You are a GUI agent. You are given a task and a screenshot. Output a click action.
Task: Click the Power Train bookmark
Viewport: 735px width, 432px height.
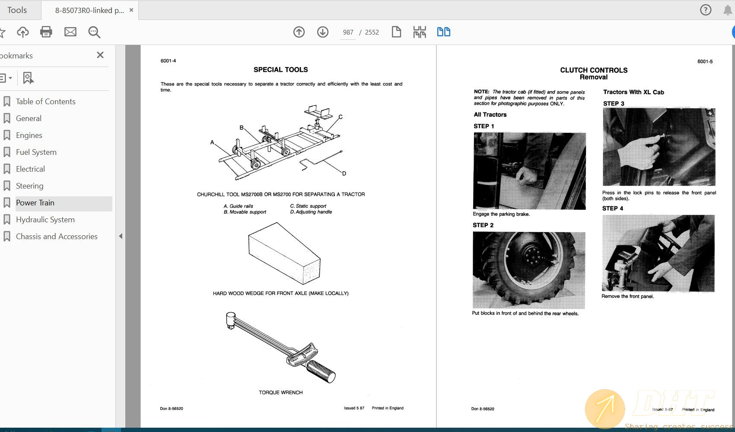35,203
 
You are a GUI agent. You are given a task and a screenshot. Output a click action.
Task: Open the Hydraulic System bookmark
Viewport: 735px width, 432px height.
45,220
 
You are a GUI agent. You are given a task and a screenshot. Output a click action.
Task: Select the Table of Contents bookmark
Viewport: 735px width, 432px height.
45,102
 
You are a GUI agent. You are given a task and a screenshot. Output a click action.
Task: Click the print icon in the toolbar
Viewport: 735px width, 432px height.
46,32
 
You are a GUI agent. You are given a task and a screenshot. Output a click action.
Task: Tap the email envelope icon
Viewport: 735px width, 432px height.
70,32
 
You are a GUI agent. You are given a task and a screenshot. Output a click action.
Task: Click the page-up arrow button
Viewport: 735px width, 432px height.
299,32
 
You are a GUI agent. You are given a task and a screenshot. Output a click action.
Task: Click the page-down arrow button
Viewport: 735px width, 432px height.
323,32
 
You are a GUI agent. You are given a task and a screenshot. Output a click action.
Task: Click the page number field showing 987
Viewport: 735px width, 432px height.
348,32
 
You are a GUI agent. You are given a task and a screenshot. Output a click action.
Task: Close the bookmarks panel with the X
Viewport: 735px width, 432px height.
100,55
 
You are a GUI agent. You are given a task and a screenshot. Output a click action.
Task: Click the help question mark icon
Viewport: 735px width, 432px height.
706,10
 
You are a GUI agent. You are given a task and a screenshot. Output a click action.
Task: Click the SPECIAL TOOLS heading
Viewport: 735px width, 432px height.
280,70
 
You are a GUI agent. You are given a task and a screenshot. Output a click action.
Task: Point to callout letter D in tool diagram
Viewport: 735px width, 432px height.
344,173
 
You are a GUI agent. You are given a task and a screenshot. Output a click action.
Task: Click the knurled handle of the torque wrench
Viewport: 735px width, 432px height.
321,371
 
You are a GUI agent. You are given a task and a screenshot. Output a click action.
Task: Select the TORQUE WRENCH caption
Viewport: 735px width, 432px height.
280,393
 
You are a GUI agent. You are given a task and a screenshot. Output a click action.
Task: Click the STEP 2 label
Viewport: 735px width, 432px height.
483,225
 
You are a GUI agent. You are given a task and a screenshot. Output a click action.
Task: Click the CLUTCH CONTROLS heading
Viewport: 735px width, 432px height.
593,70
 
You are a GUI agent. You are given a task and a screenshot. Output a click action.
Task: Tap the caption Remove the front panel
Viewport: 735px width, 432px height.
627,297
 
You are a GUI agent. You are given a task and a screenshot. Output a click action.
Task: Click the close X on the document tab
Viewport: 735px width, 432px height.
131,10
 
